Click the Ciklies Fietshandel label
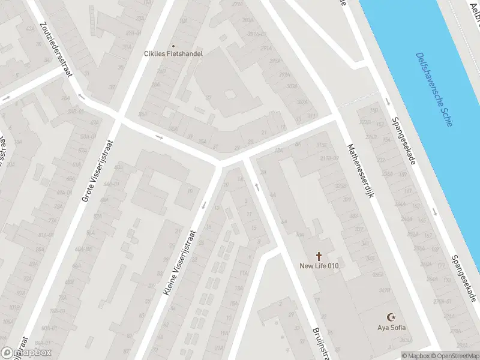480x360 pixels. pos(173,53)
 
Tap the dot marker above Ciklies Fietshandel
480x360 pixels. pos(173,46)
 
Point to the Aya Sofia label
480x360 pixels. pos(391,327)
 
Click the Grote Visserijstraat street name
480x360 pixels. pos(98,170)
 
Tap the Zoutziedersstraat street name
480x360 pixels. pos(55,49)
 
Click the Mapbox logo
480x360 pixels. pos(26,353)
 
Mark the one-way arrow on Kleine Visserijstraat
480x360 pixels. pos(204,206)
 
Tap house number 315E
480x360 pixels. pos(322,145)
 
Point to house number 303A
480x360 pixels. pos(292,86)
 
